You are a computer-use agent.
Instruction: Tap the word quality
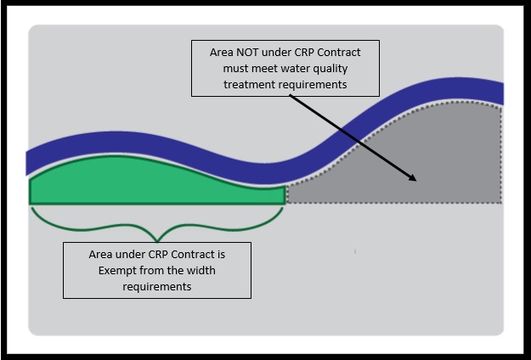(327, 68)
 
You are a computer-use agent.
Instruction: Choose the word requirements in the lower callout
(157, 286)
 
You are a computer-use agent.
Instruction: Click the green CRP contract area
(153, 183)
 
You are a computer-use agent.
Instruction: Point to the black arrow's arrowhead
(414, 178)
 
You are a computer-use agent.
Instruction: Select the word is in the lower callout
(243, 254)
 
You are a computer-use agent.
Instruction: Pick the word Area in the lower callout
(102, 254)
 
